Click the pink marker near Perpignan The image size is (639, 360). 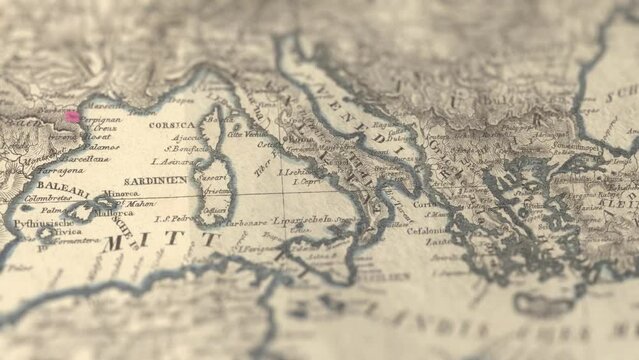coord(72,116)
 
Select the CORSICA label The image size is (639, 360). coord(174,126)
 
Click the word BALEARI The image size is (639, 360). coord(64,186)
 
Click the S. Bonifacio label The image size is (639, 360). coord(189,150)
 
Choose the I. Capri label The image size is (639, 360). coord(304,183)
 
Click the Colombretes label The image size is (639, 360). coord(46,198)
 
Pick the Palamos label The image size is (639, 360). coord(99,145)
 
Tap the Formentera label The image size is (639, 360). coord(73,241)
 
